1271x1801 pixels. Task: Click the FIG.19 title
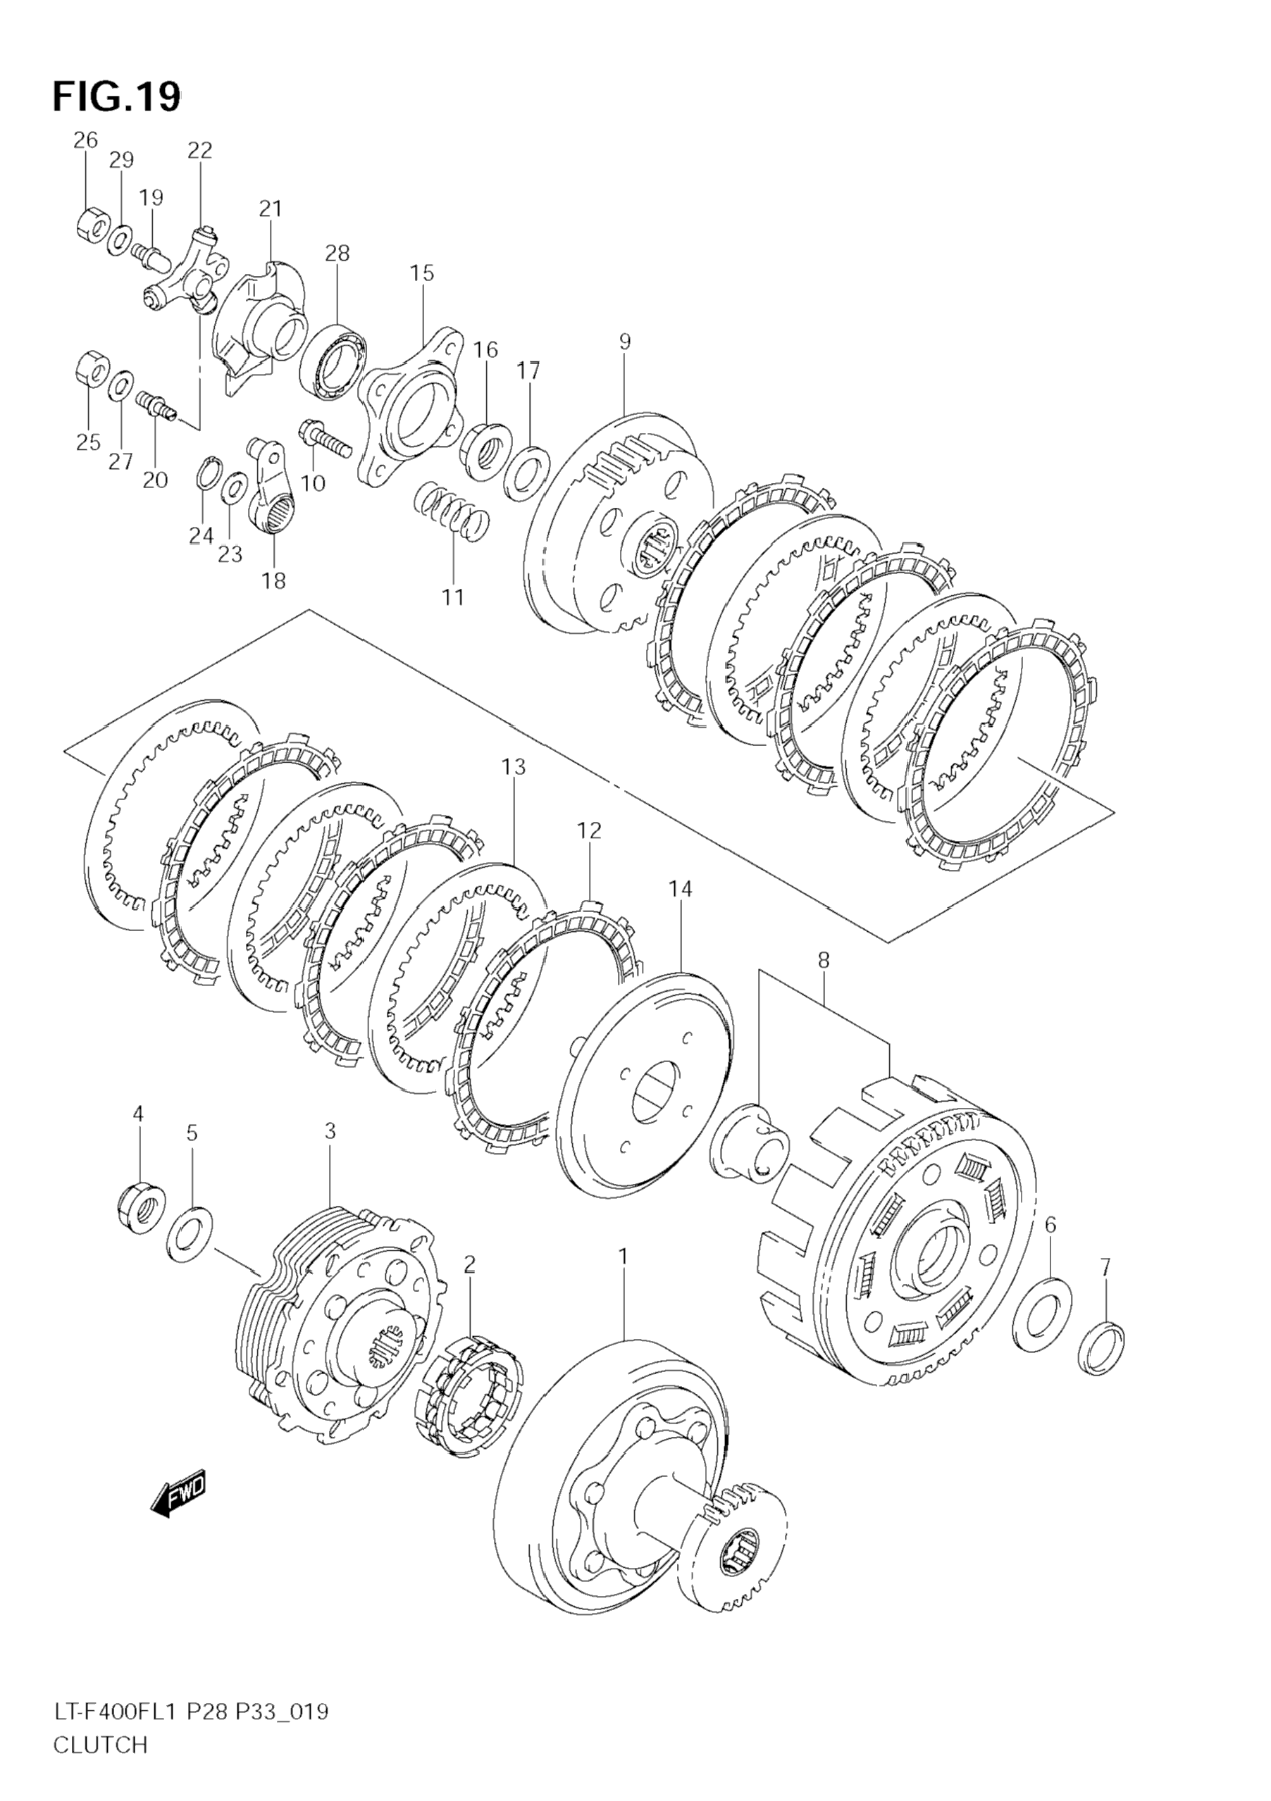point(116,97)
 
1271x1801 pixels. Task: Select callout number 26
point(85,140)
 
